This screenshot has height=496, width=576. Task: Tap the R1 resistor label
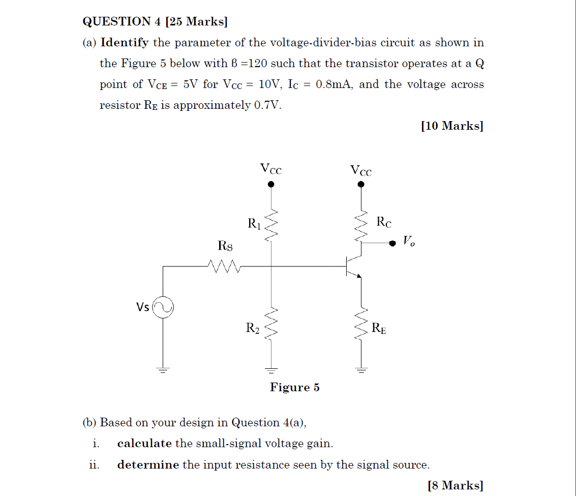[x=254, y=223]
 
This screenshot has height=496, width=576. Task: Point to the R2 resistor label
[x=253, y=329]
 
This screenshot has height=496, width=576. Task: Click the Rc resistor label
[x=384, y=222]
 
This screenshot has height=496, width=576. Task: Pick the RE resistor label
[x=379, y=329]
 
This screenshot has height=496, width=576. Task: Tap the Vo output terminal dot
[x=392, y=243]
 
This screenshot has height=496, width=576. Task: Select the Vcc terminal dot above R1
[x=271, y=185]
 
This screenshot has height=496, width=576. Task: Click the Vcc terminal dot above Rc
[x=361, y=185]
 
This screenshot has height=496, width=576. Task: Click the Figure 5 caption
[x=295, y=388]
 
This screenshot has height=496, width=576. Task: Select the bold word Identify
[x=125, y=43]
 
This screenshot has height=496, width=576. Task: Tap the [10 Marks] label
[x=452, y=126]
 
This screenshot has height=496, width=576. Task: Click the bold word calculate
[x=144, y=444]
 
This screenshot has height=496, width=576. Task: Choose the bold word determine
[x=148, y=465]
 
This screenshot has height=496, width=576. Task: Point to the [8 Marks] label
[x=456, y=486]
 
